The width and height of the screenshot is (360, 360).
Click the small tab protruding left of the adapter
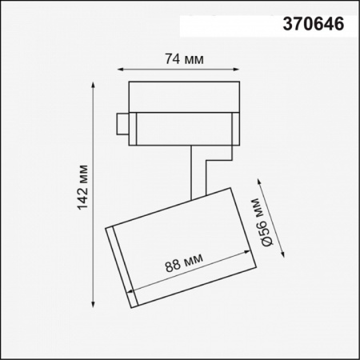pyautogui.click(x=122, y=124)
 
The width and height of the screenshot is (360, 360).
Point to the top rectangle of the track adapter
pyautogui.click(x=183, y=95)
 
